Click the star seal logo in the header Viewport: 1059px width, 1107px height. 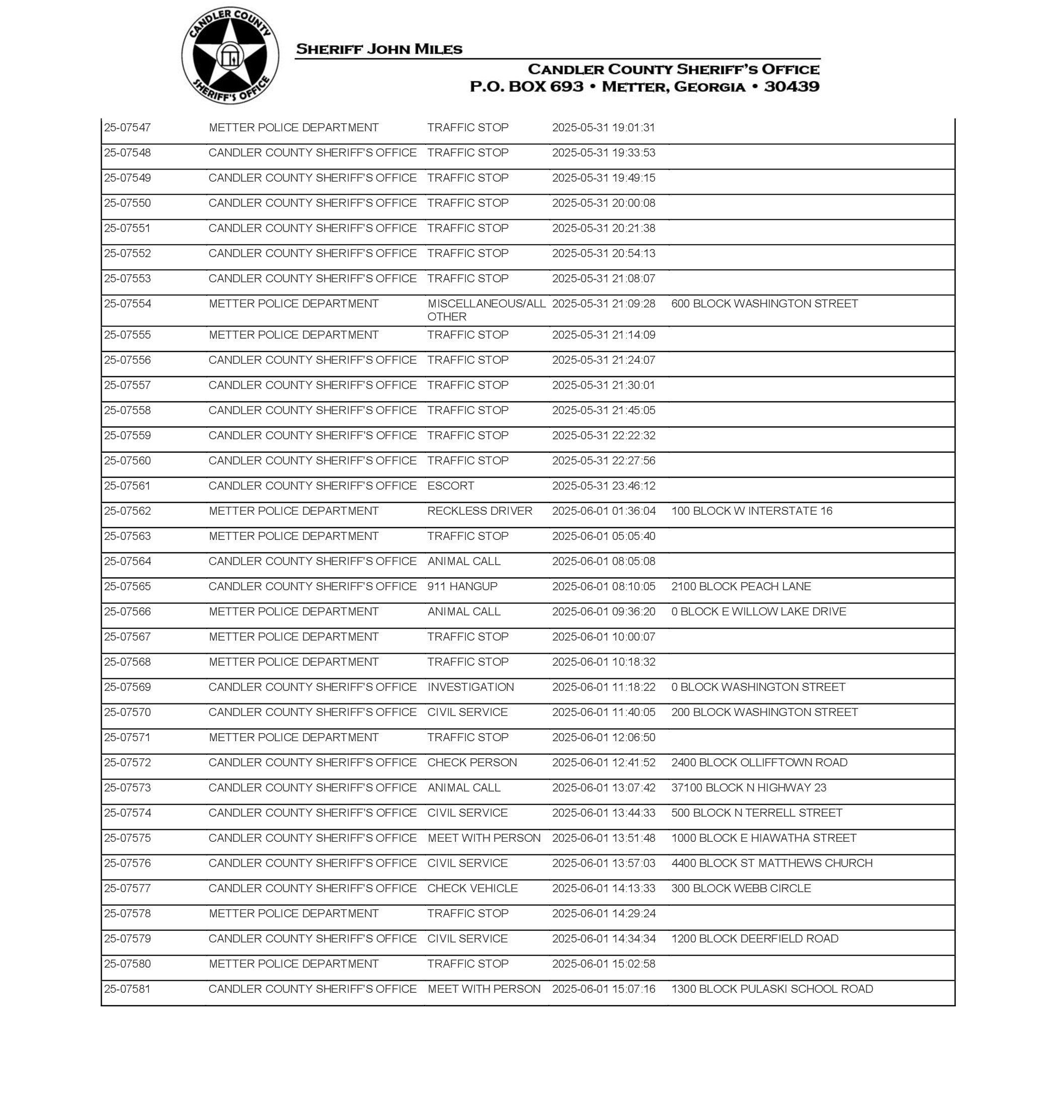[x=230, y=56]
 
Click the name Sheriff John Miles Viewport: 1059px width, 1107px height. [x=379, y=49]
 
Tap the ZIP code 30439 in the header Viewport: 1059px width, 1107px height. [x=791, y=87]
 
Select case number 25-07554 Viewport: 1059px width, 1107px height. [x=128, y=304]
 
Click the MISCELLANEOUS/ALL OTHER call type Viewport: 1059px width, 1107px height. [x=486, y=310]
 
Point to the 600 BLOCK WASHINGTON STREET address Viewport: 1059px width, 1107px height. [x=764, y=304]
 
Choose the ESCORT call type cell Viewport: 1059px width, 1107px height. [x=450, y=486]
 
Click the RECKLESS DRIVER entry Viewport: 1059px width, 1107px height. [x=479, y=511]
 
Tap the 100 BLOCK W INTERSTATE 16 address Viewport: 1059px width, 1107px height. [x=751, y=511]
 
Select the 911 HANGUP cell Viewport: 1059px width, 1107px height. [x=462, y=587]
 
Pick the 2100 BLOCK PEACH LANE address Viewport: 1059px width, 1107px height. [x=741, y=587]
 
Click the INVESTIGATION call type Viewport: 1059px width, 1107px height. [x=470, y=687]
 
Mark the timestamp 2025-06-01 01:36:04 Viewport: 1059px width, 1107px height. [x=603, y=511]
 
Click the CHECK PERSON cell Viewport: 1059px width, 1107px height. [x=472, y=763]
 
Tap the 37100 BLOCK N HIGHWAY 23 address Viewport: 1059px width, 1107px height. [x=749, y=787]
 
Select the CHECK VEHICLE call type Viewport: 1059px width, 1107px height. [x=472, y=888]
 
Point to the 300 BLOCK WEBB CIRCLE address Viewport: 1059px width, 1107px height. [x=741, y=888]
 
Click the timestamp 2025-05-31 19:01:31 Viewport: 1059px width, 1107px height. [x=603, y=128]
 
